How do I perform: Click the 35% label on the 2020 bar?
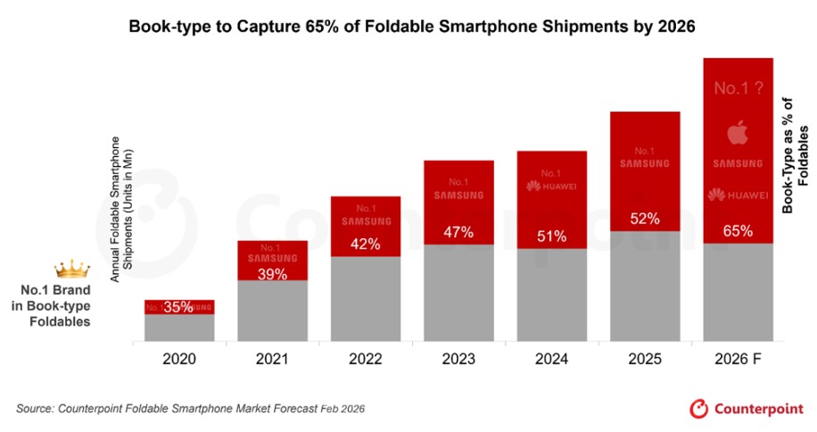(x=179, y=307)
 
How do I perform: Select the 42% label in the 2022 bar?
(x=365, y=244)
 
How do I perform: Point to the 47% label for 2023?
(x=458, y=233)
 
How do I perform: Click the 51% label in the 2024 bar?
(x=552, y=237)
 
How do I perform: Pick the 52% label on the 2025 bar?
(x=645, y=219)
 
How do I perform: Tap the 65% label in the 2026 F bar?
(x=738, y=231)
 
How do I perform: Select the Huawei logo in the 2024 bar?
(x=552, y=187)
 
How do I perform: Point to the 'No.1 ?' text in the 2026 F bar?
(x=738, y=88)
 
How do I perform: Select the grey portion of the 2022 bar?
(x=365, y=299)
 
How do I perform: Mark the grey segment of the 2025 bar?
(x=645, y=286)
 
